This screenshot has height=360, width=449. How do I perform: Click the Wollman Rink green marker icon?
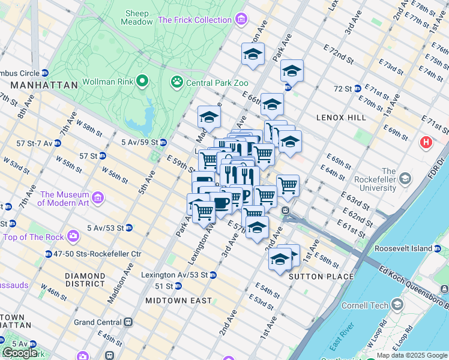(142, 81)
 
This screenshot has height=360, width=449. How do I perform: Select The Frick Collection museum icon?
(241, 20)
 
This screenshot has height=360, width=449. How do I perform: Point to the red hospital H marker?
(426, 143)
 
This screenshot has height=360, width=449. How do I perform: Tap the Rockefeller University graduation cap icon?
(405, 179)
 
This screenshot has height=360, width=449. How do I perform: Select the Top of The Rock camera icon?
(74, 236)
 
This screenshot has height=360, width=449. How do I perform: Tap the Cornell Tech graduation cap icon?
(396, 305)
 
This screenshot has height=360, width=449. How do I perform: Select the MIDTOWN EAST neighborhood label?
(178, 300)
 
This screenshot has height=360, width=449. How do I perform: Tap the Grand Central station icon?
(127, 322)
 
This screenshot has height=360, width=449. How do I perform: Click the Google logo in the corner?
(20, 353)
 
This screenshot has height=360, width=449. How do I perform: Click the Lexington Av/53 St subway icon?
(212, 275)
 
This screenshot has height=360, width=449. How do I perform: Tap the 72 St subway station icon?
(357, 89)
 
